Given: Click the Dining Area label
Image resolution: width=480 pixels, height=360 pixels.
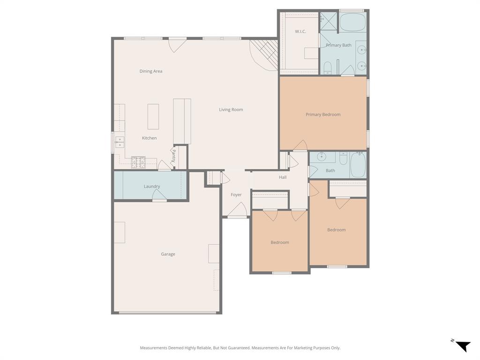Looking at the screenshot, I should click(x=151, y=71).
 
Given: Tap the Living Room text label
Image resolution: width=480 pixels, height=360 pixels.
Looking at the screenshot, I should click(x=231, y=110).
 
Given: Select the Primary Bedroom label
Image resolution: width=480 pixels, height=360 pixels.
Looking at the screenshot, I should click(x=323, y=114).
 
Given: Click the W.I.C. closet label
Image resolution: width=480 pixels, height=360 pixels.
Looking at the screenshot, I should click(x=300, y=31).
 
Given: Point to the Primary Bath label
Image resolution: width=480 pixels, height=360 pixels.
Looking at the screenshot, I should click(x=338, y=45).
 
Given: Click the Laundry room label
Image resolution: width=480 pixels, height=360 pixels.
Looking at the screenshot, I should click(x=152, y=186).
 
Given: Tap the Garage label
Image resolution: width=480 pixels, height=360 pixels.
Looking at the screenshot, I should click(x=168, y=254).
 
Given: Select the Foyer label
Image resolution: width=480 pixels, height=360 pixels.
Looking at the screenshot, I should click(x=236, y=195).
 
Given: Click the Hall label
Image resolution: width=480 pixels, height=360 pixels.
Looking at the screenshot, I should click(x=283, y=177).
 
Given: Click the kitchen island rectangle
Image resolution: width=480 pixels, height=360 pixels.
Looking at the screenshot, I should click(x=153, y=116).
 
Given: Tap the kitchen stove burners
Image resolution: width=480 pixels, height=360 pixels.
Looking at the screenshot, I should click(x=138, y=162).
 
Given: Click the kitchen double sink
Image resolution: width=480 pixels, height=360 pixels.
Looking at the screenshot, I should click(x=120, y=142).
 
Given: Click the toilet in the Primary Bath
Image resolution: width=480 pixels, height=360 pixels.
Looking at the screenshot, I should click(x=328, y=68).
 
